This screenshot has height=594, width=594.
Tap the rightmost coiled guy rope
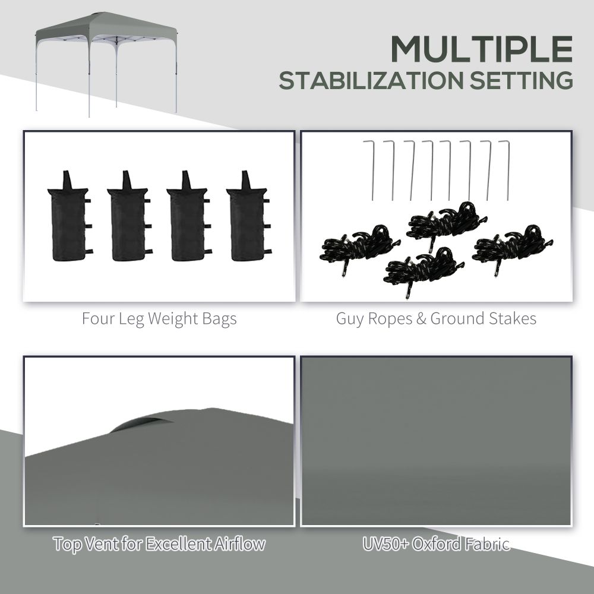(x=512, y=245)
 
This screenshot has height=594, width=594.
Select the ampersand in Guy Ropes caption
(x=421, y=319)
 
